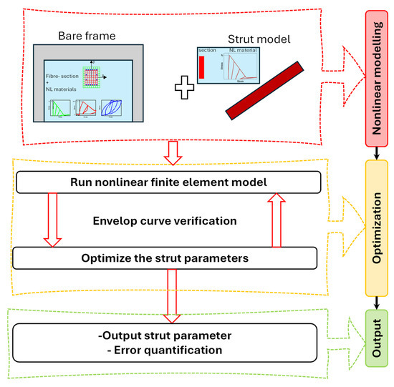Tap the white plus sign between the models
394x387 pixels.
pos(184,90)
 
